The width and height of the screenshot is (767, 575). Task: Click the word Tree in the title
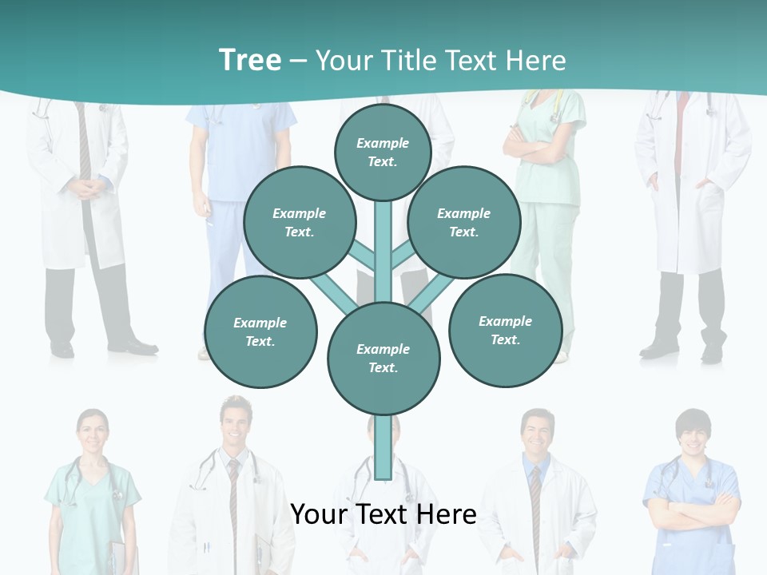pos(250,60)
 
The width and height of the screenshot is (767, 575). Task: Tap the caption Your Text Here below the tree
pos(383,514)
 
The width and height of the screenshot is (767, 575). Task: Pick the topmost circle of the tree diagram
pos(383,152)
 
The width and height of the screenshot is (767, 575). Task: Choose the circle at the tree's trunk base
pos(383,359)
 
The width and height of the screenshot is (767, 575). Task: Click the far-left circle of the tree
pos(260,332)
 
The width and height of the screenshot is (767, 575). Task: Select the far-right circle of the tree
pos(505,331)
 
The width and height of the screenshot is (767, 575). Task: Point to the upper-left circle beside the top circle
pos(300,223)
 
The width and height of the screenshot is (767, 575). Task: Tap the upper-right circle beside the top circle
pos(463,223)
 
